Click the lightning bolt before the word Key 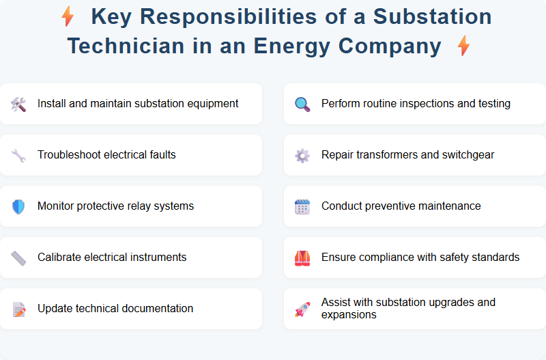(x=68, y=16)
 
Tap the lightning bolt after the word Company (x=463, y=46)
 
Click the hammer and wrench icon (x=18, y=104)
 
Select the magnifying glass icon (x=302, y=104)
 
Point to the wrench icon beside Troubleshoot (x=18, y=155)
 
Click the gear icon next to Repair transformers (x=302, y=155)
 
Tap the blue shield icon (x=18, y=206)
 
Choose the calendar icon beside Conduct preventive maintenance (x=302, y=206)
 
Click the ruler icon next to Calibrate (x=18, y=258)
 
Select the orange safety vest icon (x=302, y=258)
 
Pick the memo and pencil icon (x=18, y=309)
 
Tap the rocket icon (x=302, y=309)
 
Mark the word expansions (x=349, y=315)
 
